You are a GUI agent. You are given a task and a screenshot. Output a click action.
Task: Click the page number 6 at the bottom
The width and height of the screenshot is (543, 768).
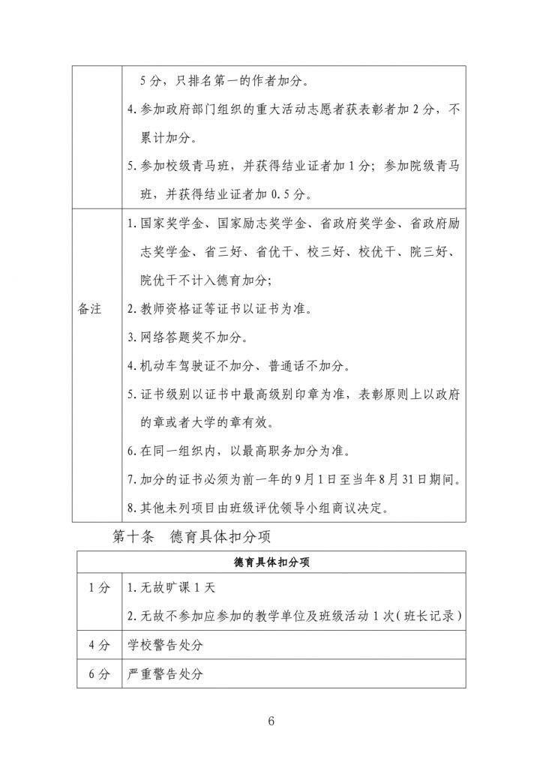[x=271, y=721]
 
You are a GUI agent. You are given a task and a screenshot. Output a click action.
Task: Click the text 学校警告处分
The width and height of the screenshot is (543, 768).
[x=166, y=644]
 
